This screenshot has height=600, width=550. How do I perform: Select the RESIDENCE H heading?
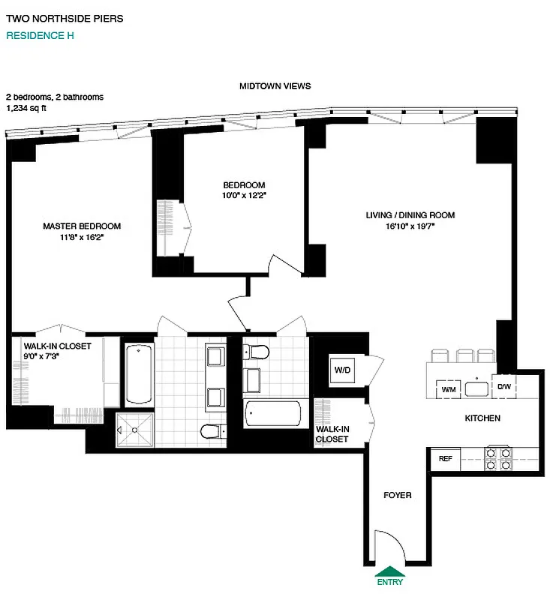click(x=40, y=35)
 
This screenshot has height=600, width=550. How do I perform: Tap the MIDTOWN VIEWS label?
click(x=275, y=86)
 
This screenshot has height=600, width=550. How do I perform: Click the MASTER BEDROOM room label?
click(x=81, y=226)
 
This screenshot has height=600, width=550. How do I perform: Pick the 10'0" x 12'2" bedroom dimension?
click(x=244, y=195)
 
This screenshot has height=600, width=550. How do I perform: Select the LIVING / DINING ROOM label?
click(x=410, y=215)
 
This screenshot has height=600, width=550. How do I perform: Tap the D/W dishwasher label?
click(x=503, y=387)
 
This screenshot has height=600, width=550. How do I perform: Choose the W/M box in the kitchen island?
click(x=449, y=389)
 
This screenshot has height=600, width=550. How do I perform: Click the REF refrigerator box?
click(x=444, y=458)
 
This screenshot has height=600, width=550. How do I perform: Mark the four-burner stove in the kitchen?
click(x=499, y=458)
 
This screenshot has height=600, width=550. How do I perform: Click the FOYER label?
click(x=397, y=495)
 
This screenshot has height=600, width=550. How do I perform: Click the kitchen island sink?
click(x=476, y=388)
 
